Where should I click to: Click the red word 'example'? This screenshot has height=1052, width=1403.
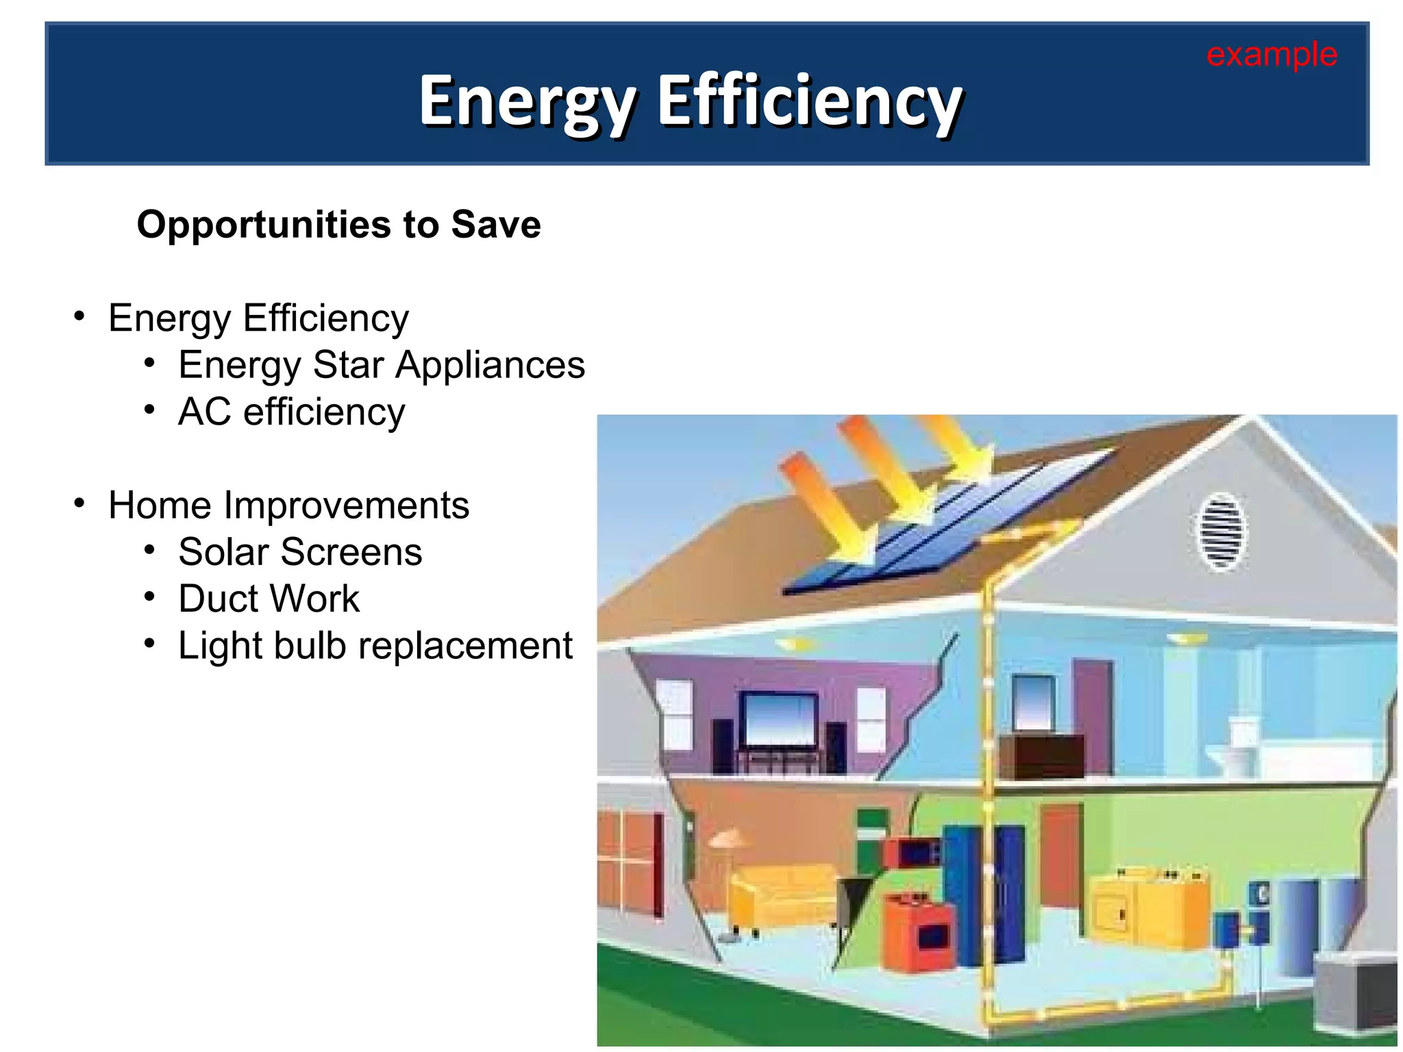pyautogui.click(x=1271, y=54)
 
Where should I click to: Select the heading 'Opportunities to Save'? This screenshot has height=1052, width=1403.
pyautogui.click(x=338, y=224)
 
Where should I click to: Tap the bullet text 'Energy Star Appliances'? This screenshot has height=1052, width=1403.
pyautogui.click(x=382, y=364)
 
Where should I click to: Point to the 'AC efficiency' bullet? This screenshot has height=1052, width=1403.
pyautogui.click(x=291, y=412)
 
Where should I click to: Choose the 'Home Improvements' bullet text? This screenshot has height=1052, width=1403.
pyautogui.click(x=288, y=505)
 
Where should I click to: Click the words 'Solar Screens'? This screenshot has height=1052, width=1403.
pyautogui.click(x=300, y=552)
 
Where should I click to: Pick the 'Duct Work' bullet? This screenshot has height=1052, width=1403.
pyautogui.click(x=269, y=599)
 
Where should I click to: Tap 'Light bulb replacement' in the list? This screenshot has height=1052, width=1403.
pyautogui.click(x=375, y=645)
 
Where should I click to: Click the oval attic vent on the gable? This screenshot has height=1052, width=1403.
pyautogui.click(x=1221, y=531)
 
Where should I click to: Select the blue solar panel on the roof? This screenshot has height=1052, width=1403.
pyautogui.click(x=945, y=527)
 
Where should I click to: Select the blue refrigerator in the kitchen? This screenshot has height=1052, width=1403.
pyautogui.click(x=983, y=890)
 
